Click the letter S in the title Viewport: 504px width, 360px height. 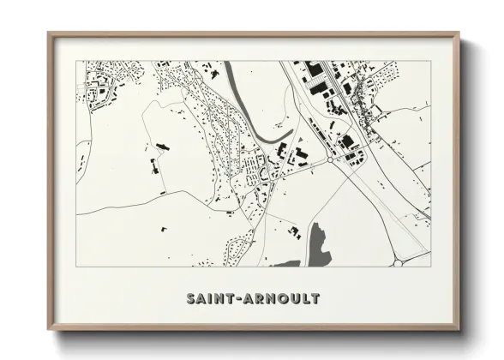tap(191, 299)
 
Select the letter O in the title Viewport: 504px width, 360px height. tap(280, 299)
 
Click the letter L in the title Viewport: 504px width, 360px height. tap(304, 299)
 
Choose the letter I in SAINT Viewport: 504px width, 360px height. tap(209, 299)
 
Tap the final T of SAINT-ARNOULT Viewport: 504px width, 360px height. tap(315, 299)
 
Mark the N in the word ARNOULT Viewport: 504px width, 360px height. tap(268, 299)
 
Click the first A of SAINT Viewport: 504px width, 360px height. tap(201, 299)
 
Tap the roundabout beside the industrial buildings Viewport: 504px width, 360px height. tap(329, 159)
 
